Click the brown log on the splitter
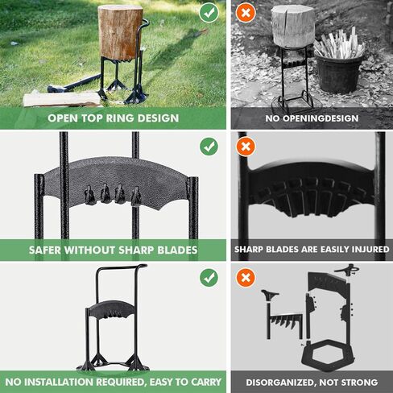coord(120,33)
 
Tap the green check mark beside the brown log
coord(209,13)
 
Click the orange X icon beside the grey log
coord(246,13)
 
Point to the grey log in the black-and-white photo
coord(293,26)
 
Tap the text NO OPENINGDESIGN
coord(312,118)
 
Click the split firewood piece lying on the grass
coord(62,99)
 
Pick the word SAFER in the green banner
coord(45,250)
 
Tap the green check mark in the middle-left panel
coord(209,147)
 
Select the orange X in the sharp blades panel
coord(246,147)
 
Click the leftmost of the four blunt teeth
coord(89,196)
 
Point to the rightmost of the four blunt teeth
coord(136,196)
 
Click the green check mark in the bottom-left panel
coord(209,277)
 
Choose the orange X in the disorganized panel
coord(246,277)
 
